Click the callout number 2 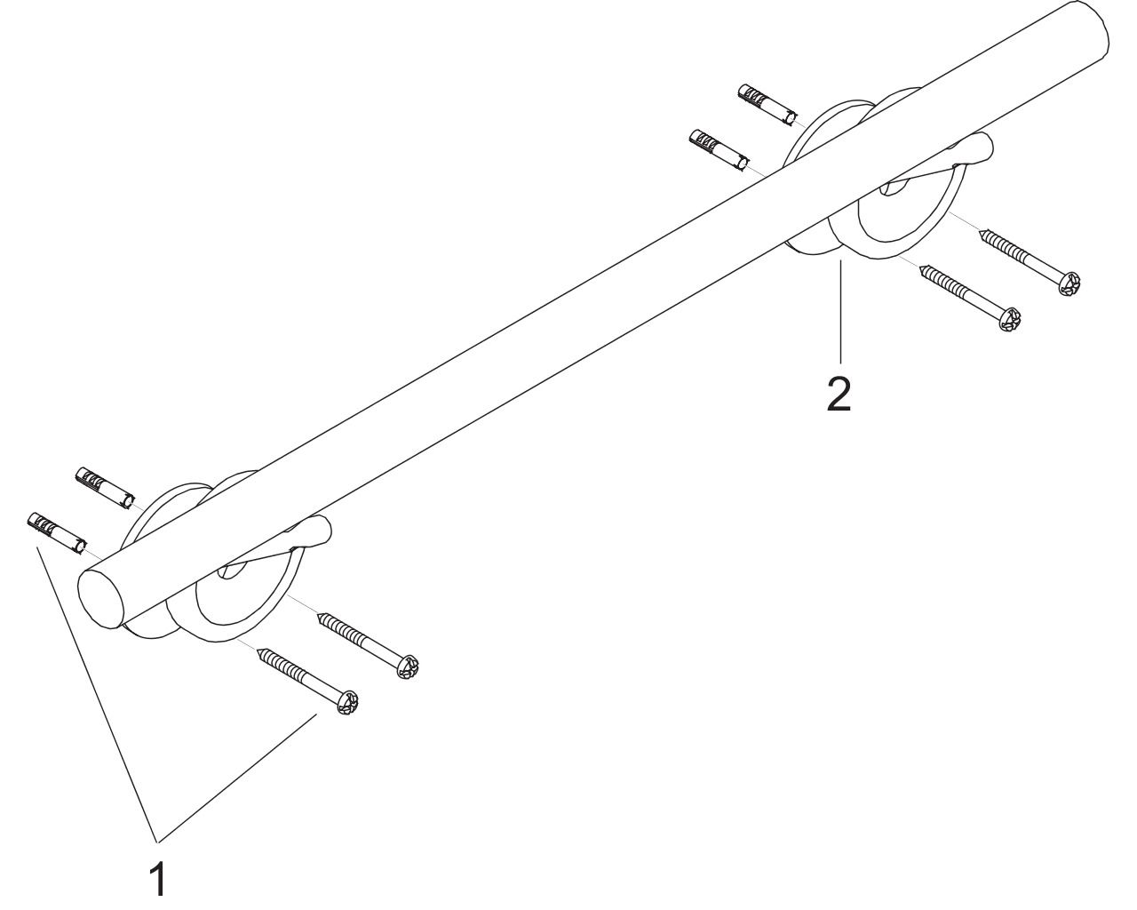[839, 394]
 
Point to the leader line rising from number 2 [840, 311]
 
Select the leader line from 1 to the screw [237, 777]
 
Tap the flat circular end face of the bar [104, 599]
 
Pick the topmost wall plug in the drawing [767, 105]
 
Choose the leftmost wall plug [57, 533]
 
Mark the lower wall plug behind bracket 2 [719, 150]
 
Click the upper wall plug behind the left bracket [106, 488]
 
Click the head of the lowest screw [347, 703]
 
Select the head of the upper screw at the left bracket [408, 667]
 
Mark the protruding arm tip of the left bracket [321, 533]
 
